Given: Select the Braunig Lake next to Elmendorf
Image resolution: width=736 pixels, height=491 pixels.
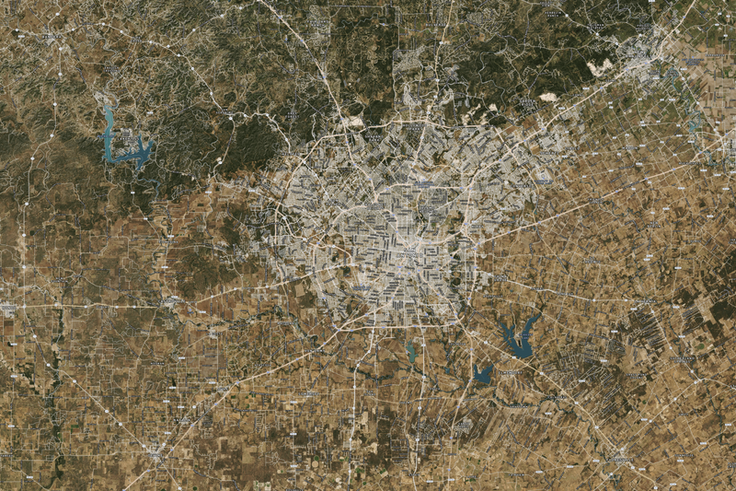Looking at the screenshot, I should point(481,372).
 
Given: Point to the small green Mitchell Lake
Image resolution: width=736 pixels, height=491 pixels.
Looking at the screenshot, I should point(410,351).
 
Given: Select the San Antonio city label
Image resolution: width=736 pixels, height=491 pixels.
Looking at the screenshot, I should point(411,249).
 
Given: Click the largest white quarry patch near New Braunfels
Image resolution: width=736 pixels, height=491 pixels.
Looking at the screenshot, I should point(600,67).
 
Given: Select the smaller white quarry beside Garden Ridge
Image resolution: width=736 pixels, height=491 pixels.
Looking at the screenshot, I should point(548,96).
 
